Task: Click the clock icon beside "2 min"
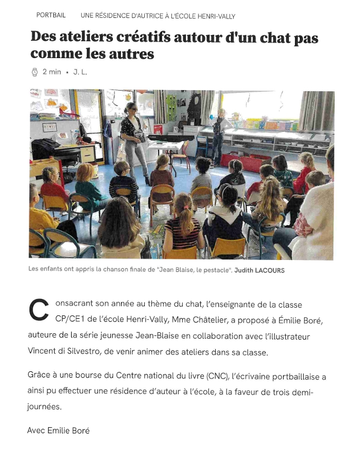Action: (35, 72)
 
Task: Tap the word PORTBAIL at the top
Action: (51, 15)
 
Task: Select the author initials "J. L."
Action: (80, 72)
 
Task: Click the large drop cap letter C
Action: (38, 310)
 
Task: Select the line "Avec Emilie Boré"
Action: (59, 430)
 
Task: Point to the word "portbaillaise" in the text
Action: (297, 376)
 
